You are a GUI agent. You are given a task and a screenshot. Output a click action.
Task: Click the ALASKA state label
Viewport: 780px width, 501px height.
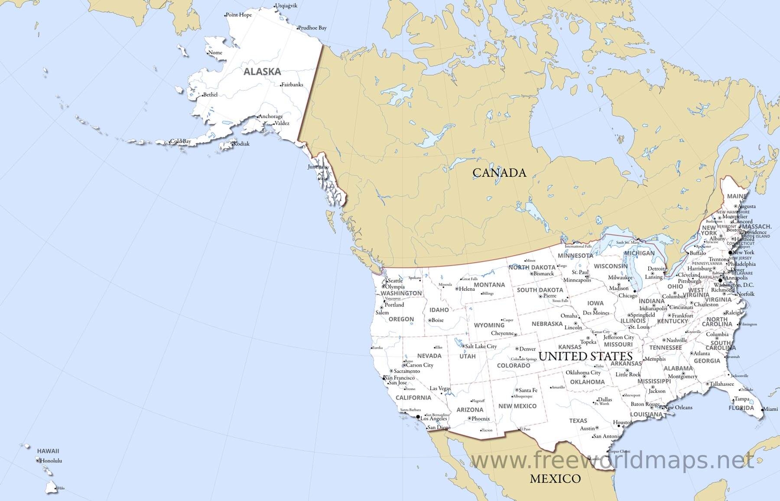tap(262, 72)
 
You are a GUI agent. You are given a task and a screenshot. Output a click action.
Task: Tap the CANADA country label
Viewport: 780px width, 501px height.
tap(499, 173)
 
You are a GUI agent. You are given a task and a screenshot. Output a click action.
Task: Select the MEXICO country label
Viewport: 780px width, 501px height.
tap(555, 478)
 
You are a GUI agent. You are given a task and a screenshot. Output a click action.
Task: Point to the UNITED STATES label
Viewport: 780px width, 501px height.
tap(585, 356)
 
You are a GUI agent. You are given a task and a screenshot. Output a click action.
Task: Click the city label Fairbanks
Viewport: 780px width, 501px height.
tap(292, 85)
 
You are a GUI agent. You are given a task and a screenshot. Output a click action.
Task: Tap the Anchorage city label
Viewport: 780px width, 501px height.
tap(271, 116)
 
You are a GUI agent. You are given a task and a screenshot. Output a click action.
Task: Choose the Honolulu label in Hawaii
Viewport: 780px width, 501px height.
tap(51, 460)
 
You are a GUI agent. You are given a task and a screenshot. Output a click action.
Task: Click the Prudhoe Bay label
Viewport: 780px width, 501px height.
tap(313, 28)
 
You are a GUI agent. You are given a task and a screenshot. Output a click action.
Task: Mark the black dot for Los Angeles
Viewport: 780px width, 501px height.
tap(418, 417)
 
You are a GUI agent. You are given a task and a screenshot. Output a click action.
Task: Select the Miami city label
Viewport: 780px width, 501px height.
tap(770, 409)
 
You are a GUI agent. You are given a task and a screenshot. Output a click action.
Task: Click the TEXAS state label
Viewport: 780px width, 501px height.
tap(578, 420)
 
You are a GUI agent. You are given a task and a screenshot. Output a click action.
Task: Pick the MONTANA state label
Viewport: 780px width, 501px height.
tap(489, 285)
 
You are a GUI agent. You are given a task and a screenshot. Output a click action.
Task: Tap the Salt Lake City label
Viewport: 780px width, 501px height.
tap(481, 346)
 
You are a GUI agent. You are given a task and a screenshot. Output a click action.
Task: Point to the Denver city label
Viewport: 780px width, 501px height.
tap(527, 349)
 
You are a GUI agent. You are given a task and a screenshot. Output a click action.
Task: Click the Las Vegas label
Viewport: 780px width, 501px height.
tap(440, 388)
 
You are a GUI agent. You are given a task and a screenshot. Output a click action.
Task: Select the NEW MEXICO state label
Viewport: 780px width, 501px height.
tap(517, 406)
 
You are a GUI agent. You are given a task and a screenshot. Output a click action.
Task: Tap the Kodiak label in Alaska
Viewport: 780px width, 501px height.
tap(241, 144)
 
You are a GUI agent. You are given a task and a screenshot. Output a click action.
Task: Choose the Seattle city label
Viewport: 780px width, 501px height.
tap(395, 280)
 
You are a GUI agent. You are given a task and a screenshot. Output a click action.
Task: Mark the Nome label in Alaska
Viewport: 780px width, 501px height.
tap(215, 53)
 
